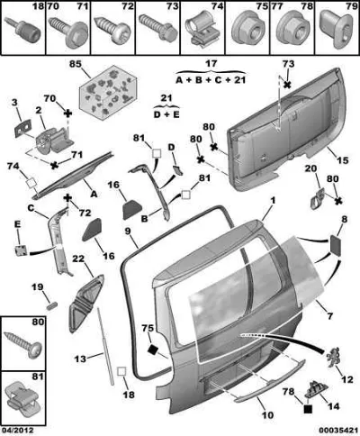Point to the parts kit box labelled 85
108,93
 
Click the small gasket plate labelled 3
23,127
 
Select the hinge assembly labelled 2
54,139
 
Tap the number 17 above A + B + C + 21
211,64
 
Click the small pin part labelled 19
52,306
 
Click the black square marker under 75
153,350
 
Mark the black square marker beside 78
308,409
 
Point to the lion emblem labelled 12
334,358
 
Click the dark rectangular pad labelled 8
336,245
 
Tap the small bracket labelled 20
317,199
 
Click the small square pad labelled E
21,250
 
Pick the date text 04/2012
17,431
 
